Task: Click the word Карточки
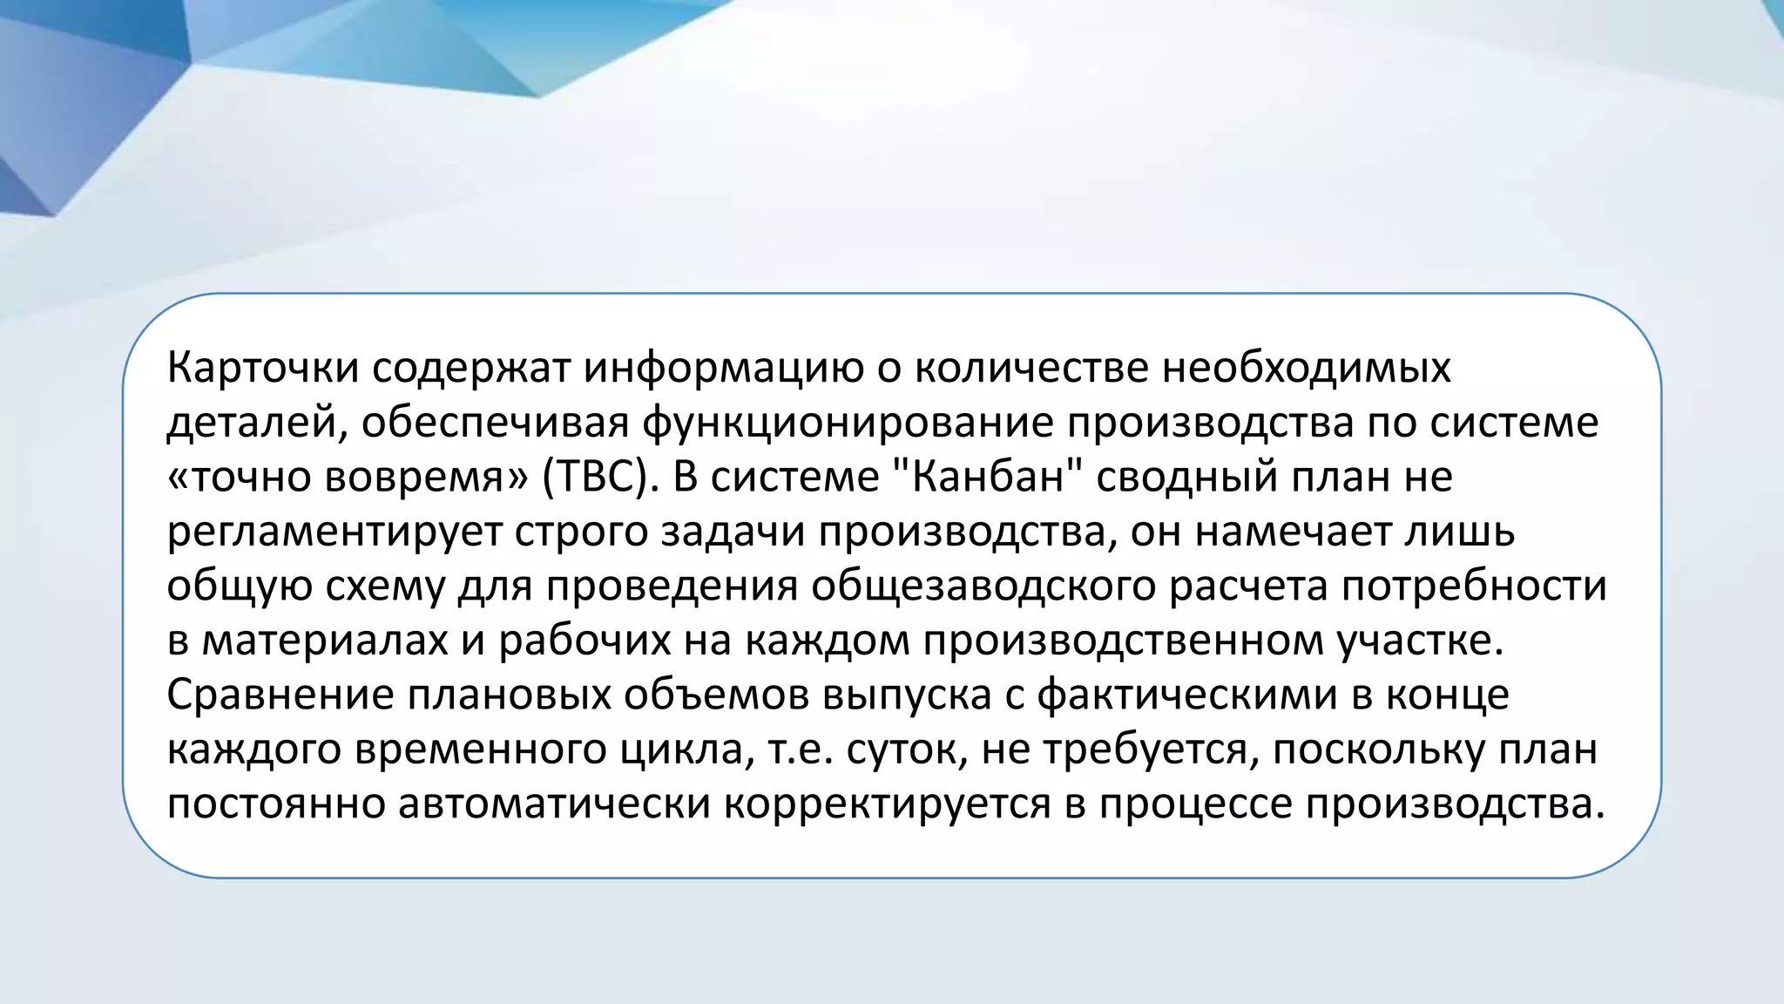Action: (x=262, y=368)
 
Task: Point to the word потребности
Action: (x=1473, y=587)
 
